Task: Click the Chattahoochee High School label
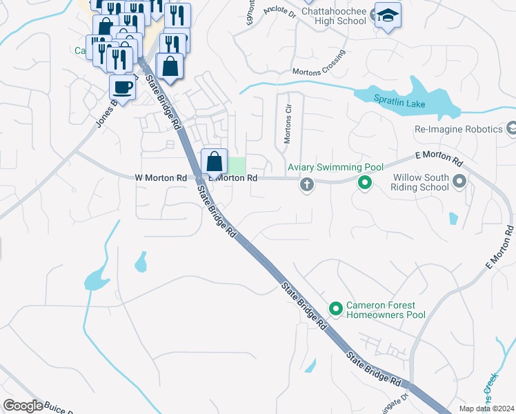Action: coord(334,15)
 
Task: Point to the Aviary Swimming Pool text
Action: coord(335,168)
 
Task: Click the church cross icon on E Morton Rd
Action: coord(307,184)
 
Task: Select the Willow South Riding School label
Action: coord(420,182)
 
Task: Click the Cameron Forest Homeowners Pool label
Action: coord(386,310)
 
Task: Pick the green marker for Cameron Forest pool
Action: coord(336,308)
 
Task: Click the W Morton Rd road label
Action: coord(161,178)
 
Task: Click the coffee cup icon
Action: coord(123,88)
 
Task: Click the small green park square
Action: coord(237,166)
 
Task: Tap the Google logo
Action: coord(23,406)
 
